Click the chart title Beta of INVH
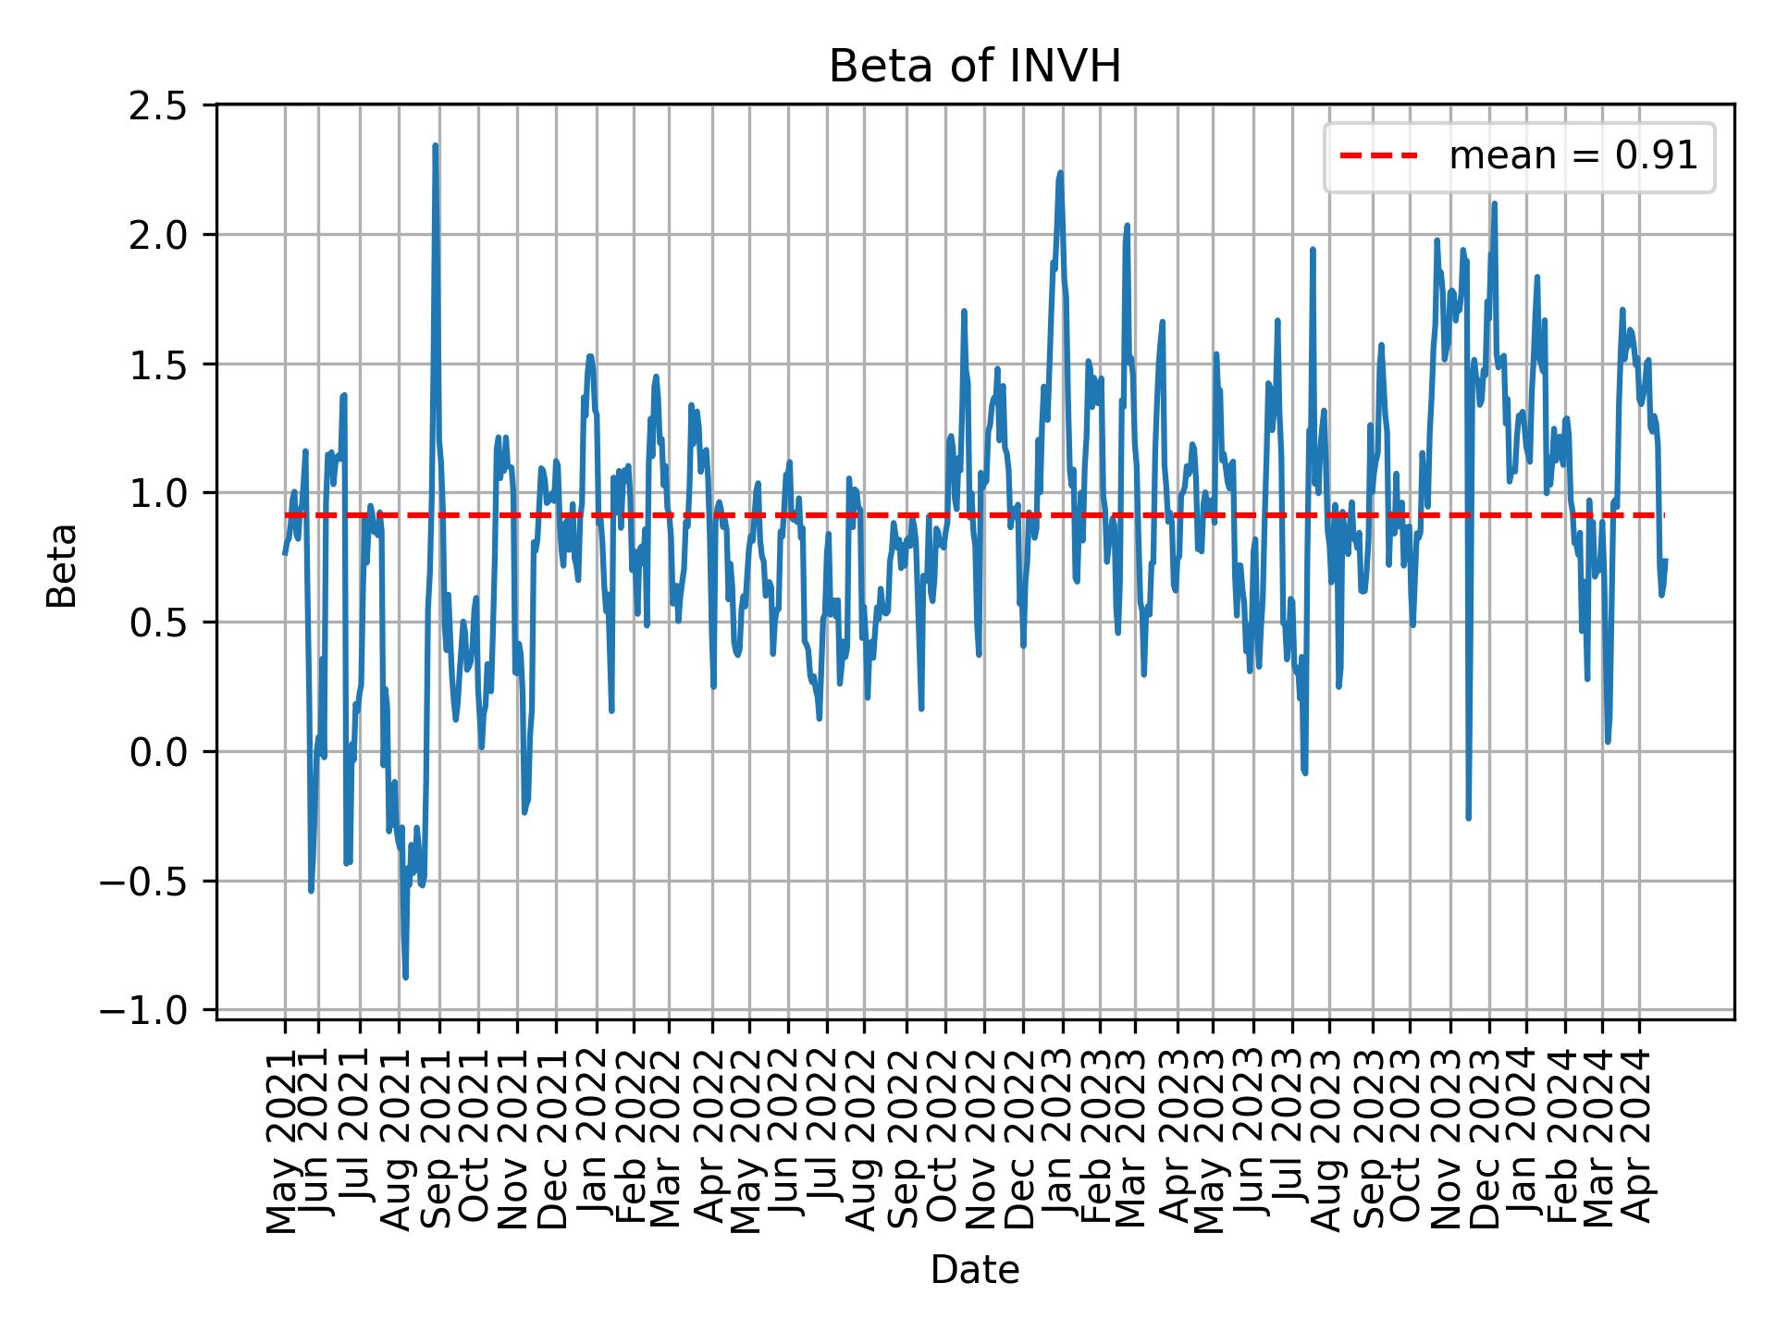coord(975,67)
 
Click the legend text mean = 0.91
coord(1572,157)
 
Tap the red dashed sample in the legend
coord(1378,157)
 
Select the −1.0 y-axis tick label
coord(155,1011)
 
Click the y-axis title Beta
coord(63,565)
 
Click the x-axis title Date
coord(975,1271)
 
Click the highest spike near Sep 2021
coord(435,146)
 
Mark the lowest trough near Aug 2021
coord(405,977)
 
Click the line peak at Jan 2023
coord(1060,173)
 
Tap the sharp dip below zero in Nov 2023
coord(1468,818)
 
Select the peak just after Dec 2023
coord(1494,204)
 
